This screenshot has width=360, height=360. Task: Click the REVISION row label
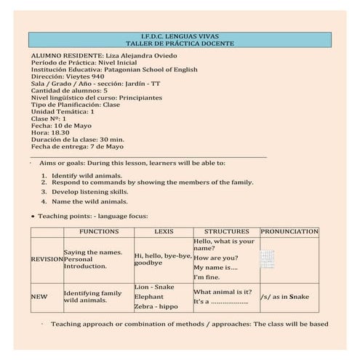47,259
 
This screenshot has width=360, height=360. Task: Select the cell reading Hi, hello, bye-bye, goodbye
163,259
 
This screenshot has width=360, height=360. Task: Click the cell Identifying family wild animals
92,296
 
